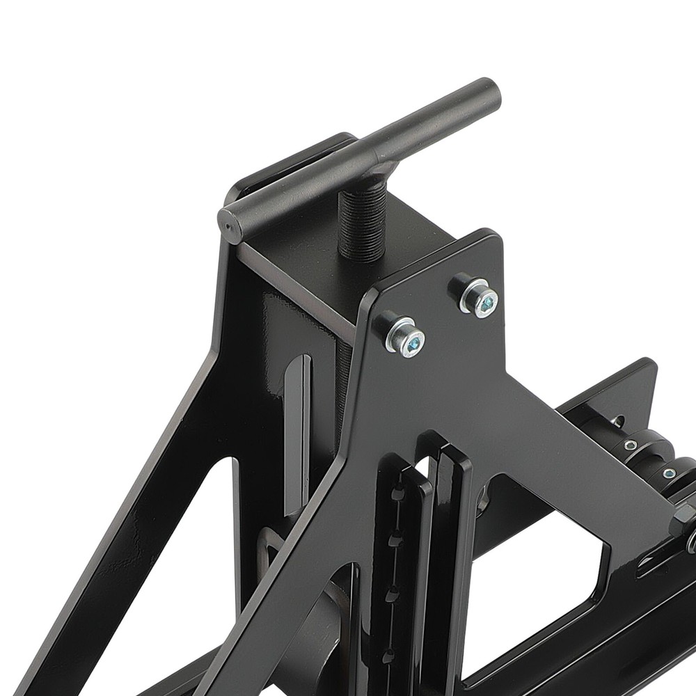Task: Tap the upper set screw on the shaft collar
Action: coord(631,445)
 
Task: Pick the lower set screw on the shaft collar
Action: coord(669,474)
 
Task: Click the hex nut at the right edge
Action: coord(682,519)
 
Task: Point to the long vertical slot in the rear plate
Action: coord(298,432)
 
